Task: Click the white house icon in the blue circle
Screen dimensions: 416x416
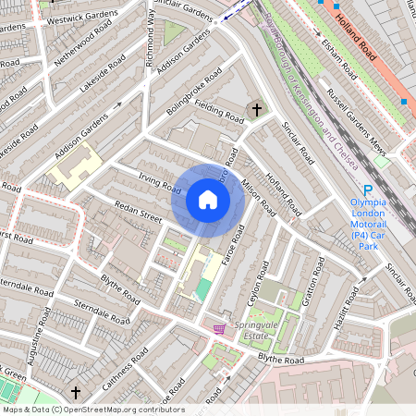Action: click(208, 200)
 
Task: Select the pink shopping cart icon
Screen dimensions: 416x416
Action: click(220, 328)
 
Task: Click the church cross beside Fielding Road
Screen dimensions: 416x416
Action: click(256, 109)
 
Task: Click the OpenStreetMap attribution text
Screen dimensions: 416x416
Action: click(92, 410)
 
